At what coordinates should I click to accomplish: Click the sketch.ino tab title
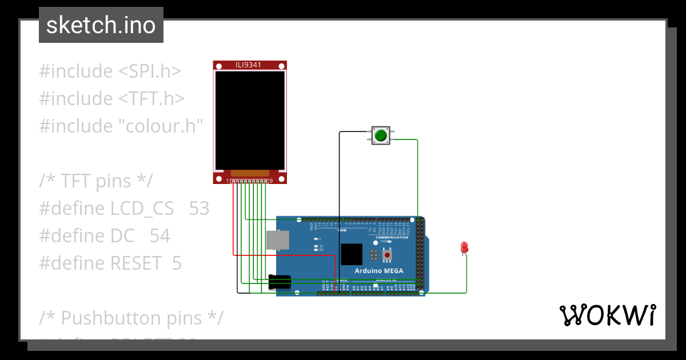click(x=101, y=25)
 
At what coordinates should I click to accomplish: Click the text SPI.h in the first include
click(x=150, y=71)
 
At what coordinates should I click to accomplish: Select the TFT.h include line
click(x=111, y=99)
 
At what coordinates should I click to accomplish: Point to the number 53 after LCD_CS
click(x=199, y=209)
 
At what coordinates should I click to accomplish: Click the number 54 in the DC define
click(x=160, y=236)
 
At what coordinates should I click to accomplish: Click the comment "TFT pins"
click(x=96, y=181)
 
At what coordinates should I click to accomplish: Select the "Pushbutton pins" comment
click(x=131, y=318)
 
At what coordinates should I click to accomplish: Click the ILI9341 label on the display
click(x=249, y=65)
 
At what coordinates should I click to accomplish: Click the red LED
click(x=464, y=247)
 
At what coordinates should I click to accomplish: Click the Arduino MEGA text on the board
click(x=379, y=271)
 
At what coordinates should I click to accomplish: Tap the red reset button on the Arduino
click(x=387, y=254)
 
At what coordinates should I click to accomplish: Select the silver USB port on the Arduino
click(x=277, y=240)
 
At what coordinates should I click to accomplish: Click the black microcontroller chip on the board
click(x=351, y=254)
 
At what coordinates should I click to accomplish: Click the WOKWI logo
click(x=607, y=315)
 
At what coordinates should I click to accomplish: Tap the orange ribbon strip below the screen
click(x=250, y=173)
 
